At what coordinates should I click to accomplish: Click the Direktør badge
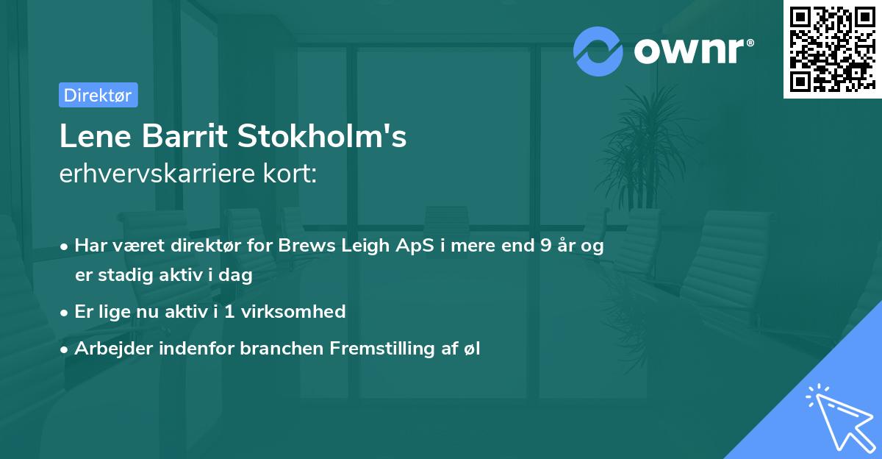coord(98,95)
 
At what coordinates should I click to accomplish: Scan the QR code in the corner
coord(831,49)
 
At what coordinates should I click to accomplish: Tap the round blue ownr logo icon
coord(598,51)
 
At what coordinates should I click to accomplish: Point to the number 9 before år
coord(545,246)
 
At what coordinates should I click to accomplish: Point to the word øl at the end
coord(471,348)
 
